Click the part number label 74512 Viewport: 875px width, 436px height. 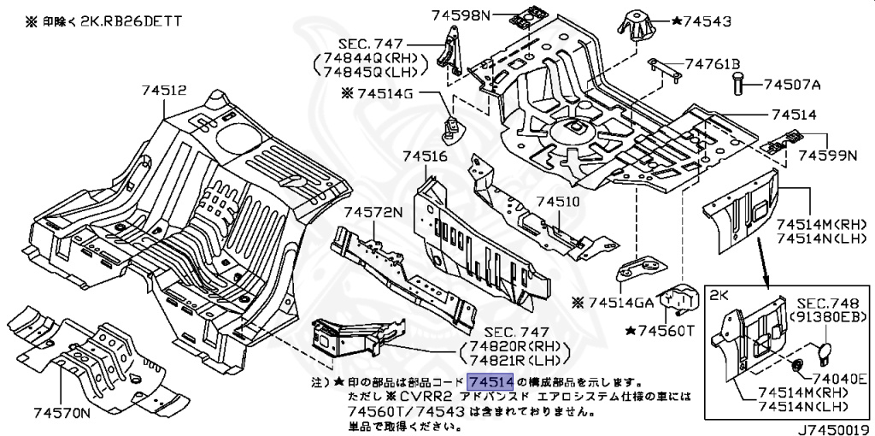coord(162,90)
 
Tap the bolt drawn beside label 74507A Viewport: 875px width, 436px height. coord(737,85)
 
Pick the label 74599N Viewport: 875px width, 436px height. coord(827,156)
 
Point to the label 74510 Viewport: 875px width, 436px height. coord(558,202)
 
